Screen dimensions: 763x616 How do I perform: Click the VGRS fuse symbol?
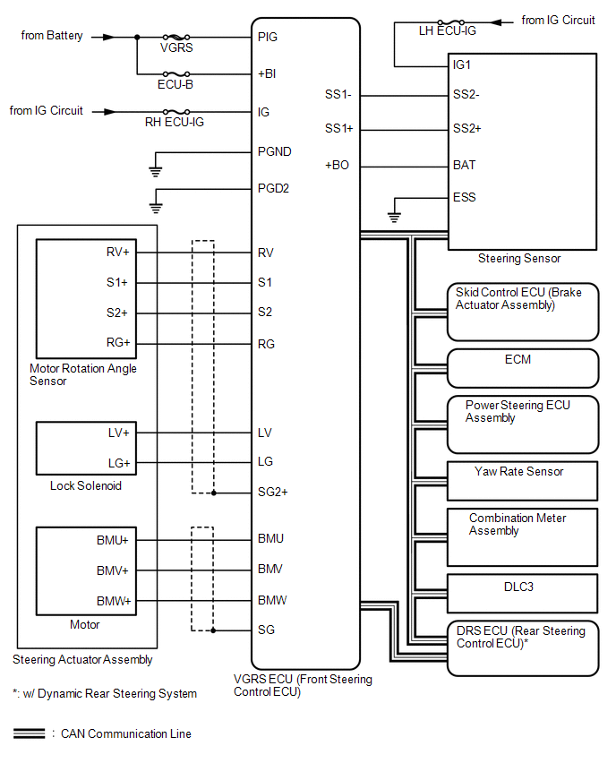tap(176, 38)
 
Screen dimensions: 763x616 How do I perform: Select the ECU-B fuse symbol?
tap(176, 74)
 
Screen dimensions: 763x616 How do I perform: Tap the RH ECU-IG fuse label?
tap(175, 123)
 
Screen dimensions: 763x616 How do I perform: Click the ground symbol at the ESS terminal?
tap(392, 216)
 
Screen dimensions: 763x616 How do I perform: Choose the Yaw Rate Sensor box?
tap(522, 480)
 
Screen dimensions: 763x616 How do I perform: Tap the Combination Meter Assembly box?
tap(522, 536)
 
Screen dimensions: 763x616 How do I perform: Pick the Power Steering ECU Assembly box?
tap(522, 424)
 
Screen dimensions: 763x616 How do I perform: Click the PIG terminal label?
tap(267, 38)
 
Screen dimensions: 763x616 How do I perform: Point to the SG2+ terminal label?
tap(272, 493)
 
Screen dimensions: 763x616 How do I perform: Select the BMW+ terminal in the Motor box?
tap(113, 601)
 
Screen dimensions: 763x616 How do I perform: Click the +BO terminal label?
tap(338, 166)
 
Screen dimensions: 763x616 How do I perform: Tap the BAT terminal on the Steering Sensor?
tap(465, 166)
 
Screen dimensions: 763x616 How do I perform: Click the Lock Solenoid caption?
tap(86, 486)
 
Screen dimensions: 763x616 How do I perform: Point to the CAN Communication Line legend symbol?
tap(30, 733)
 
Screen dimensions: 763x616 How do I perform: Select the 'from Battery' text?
tap(52, 37)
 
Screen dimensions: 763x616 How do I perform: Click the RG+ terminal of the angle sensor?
tap(117, 343)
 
